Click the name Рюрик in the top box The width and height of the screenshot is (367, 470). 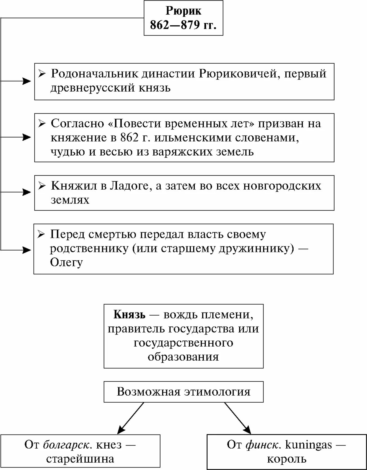pos(183,11)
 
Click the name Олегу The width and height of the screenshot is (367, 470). pos(66,263)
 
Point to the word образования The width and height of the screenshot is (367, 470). pos(183,357)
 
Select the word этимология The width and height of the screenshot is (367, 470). pos(217,392)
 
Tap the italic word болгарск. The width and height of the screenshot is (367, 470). pos(68,445)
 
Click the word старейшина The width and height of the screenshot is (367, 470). pos(80,459)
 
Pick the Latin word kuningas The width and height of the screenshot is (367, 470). pos(308,445)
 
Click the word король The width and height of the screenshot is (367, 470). pos(287,459)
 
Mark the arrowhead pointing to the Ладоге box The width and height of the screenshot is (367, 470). pos(27,192)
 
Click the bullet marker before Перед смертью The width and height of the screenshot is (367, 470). pos(41,234)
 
